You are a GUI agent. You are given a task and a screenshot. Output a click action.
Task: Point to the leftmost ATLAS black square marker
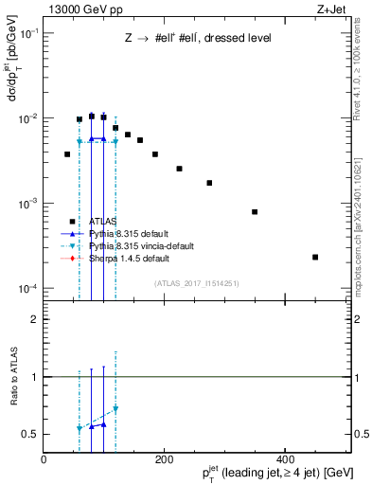(x=67, y=153)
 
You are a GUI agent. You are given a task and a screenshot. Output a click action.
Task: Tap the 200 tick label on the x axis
(x=164, y=459)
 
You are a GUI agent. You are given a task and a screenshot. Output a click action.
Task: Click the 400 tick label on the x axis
(x=285, y=459)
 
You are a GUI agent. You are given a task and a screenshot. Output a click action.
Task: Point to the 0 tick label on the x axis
(x=44, y=459)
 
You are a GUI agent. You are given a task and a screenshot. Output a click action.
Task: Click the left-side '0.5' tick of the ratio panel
(x=31, y=434)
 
